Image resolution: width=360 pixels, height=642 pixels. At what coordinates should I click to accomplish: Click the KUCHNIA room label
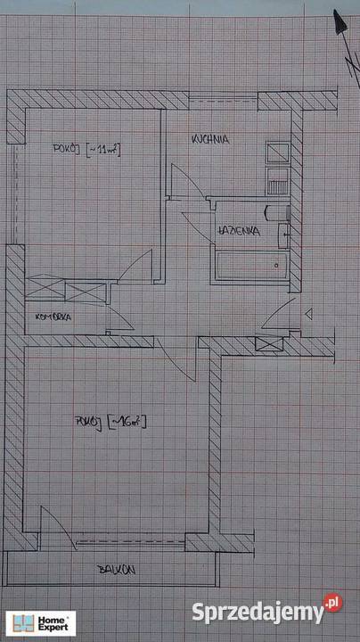tap(210, 139)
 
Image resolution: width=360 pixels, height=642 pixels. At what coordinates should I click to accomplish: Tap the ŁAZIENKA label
tap(240, 231)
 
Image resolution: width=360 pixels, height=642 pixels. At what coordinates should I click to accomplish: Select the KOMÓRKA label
tap(53, 317)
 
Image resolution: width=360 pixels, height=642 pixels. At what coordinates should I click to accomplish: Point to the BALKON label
tap(117, 570)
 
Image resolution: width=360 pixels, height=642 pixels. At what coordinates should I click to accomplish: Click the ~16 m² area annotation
tap(127, 422)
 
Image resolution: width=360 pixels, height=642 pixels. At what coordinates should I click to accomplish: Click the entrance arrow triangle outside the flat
tap(309, 314)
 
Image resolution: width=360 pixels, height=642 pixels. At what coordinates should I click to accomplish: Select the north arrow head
tap(340, 21)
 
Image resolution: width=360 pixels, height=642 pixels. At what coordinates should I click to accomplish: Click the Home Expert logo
tap(41, 623)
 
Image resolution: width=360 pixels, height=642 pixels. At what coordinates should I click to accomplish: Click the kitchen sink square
tap(277, 152)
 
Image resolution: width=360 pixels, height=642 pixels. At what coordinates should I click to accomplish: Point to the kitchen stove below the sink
tap(277, 181)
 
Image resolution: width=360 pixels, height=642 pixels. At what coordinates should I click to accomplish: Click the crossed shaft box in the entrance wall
tap(269, 344)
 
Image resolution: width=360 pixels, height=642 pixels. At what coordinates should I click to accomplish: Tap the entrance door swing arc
tap(277, 314)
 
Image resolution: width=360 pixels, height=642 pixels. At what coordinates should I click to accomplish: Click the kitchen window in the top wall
tap(224, 100)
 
